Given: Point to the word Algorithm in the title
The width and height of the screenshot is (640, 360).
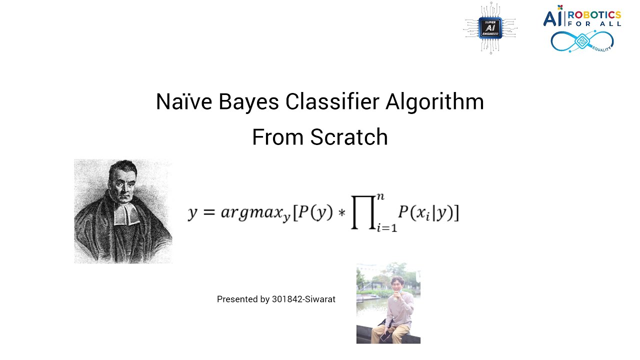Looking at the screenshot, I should pos(434,102).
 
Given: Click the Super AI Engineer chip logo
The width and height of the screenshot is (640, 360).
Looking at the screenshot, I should pos(490,28).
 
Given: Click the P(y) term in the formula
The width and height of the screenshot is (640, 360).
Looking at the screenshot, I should pos(315,213).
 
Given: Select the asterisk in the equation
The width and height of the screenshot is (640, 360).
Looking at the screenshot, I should pos(342,214).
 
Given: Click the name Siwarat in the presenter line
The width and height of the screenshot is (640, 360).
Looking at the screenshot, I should pos(320,299).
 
